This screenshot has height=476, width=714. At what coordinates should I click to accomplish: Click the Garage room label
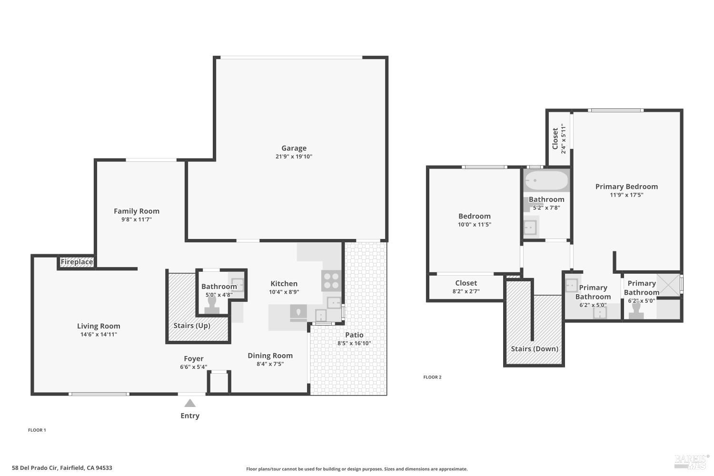pyautogui.click(x=294, y=148)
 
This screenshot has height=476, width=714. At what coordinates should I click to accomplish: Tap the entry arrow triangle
pyautogui.click(x=190, y=404)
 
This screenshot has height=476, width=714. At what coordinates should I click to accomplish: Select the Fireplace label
pyautogui.click(x=77, y=262)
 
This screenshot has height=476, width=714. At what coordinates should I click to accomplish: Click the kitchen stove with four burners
pyautogui.click(x=332, y=280)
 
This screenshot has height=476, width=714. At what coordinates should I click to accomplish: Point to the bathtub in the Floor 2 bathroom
pyautogui.click(x=546, y=181)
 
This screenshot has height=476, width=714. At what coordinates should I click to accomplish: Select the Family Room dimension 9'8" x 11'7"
pyautogui.click(x=137, y=219)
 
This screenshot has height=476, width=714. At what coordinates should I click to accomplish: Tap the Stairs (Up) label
pyautogui.click(x=192, y=326)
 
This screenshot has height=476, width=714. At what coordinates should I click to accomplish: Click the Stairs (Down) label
pyautogui.click(x=535, y=348)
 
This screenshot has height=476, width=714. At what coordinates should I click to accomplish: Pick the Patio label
pyautogui.click(x=354, y=335)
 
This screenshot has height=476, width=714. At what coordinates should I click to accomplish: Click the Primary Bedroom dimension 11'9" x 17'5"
pyautogui.click(x=626, y=195)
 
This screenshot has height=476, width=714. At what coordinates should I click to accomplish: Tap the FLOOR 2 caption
pyautogui.click(x=432, y=377)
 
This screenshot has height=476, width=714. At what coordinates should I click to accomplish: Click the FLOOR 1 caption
pyautogui.click(x=37, y=430)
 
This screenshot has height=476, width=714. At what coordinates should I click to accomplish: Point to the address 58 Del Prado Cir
pyautogui.click(x=62, y=468)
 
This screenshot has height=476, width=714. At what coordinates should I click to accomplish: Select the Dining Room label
pyautogui.click(x=270, y=356)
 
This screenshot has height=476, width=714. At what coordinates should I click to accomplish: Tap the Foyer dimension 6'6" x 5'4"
pyautogui.click(x=193, y=367)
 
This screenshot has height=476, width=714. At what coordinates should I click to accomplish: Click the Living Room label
pyautogui.click(x=99, y=326)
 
